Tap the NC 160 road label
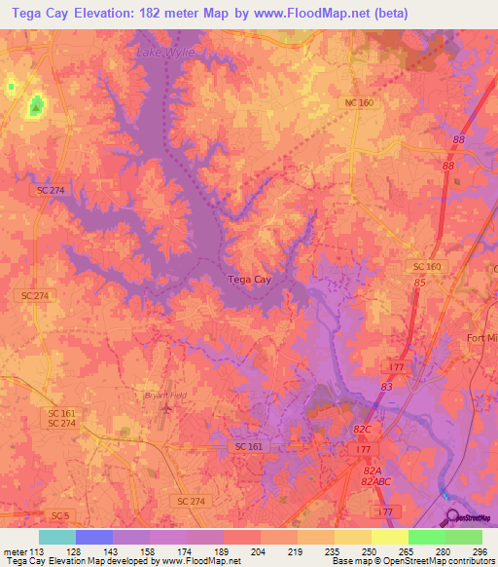click(x=359, y=102)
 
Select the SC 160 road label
click(x=427, y=266)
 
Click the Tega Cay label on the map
click(x=250, y=280)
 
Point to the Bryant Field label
click(x=156, y=395)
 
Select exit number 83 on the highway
click(x=386, y=387)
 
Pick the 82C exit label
click(x=363, y=429)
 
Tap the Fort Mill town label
click(x=482, y=338)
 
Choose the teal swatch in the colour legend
click(x=57, y=537)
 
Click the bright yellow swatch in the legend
click(x=390, y=537)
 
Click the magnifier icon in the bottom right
click(x=452, y=516)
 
